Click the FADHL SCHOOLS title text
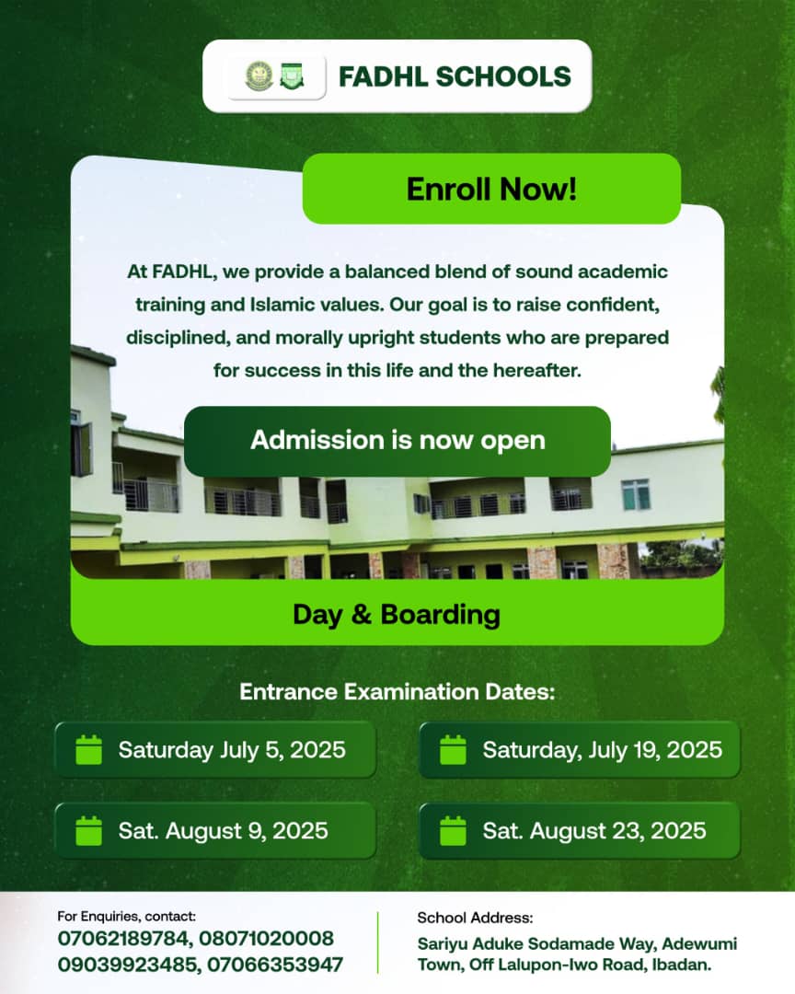coord(455,76)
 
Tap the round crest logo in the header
coord(259,76)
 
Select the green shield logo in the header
coord(292,76)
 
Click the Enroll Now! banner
coord(491,189)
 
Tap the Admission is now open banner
coord(397,441)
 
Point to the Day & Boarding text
coord(397,615)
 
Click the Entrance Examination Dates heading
coord(397,691)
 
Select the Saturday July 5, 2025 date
coord(231,750)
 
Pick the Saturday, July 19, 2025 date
coord(603,750)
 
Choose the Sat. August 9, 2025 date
coord(224,831)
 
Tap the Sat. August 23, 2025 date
coord(594,831)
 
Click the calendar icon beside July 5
coord(88,749)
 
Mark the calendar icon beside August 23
coord(453,830)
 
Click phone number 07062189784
coord(123,938)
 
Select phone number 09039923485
coord(127,965)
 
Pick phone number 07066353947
coord(275,965)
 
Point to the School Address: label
coord(475,918)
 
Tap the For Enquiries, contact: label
coord(127,916)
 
